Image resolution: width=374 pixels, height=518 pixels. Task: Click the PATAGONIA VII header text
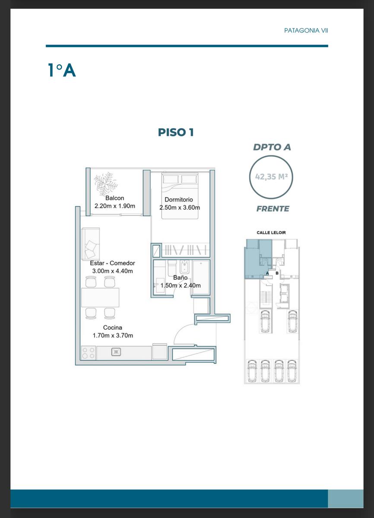pos(306,31)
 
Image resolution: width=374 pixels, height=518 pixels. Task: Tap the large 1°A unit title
pos(62,70)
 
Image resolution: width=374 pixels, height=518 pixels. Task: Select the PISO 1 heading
pos(176,132)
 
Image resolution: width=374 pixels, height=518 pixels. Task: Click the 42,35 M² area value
pos(271,177)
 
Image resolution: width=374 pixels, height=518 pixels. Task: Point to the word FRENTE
pos(273,208)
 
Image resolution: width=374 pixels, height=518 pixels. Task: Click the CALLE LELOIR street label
pos(271,232)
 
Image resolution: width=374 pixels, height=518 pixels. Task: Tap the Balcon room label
pos(115,198)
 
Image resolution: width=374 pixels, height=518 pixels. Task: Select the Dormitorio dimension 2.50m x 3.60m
pos(180,208)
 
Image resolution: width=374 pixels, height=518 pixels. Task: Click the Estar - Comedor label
pos(112,263)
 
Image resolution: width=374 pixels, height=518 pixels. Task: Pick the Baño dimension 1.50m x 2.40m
pos(181,285)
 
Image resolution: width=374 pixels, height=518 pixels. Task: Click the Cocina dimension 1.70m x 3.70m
pos(113,335)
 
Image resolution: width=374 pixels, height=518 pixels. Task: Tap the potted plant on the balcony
pos(106,183)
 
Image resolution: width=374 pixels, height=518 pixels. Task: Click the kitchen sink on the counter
pos(116,352)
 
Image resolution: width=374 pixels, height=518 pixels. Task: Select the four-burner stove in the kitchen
pos(89,353)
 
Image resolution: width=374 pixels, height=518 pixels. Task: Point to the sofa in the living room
pos(91,244)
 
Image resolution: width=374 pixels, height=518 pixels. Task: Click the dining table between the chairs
pos(100,297)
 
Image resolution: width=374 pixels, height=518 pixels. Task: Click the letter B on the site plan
pos(277,273)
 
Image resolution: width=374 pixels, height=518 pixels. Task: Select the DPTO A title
pos(272,147)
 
